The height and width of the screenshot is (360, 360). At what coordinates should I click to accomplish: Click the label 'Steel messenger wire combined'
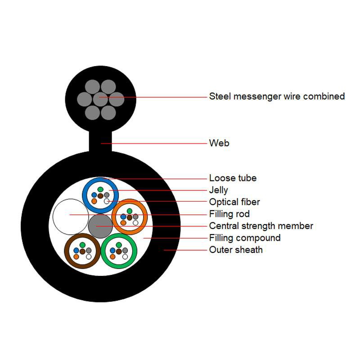click(277, 96)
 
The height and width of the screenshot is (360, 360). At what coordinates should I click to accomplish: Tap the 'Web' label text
click(219, 143)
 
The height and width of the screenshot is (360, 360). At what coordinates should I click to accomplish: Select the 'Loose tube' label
click(233, 178)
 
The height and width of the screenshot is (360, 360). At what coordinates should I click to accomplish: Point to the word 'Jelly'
click(218, 190)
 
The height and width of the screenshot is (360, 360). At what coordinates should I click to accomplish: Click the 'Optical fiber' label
click(234, 202)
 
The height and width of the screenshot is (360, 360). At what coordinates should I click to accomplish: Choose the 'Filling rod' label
click(229, 214)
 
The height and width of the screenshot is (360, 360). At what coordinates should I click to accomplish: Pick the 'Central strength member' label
click(261, 226)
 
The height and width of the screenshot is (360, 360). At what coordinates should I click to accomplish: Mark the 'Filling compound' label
click(245, 238)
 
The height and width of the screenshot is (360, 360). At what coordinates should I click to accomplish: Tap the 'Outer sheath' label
click(236, 250)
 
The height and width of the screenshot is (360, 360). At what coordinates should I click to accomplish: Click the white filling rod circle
click(70, 216)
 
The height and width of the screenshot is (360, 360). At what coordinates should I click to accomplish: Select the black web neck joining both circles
click(100, 141)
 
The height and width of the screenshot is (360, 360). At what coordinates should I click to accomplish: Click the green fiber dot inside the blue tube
click(100, 189)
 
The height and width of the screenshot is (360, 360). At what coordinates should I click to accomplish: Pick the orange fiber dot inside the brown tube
click(76, 256)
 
